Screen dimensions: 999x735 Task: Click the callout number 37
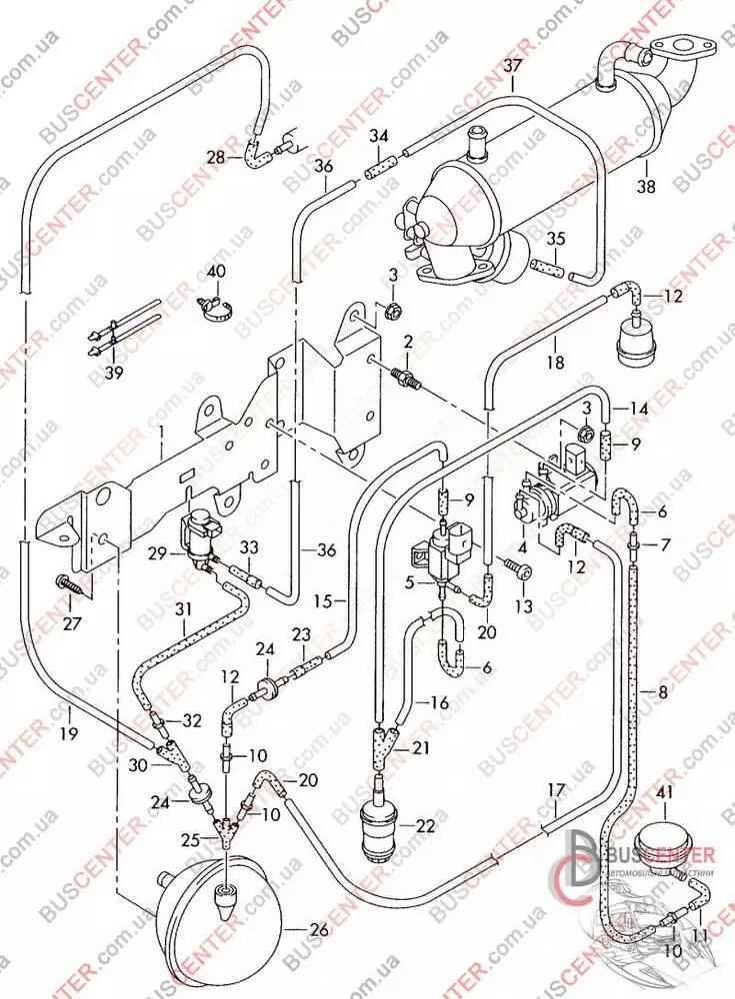point(513,68)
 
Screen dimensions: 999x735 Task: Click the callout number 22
point(426,827)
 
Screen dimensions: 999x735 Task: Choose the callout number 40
point(217,271)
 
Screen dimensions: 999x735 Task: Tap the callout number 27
point(72,625)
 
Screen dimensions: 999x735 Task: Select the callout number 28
point(217,157)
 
